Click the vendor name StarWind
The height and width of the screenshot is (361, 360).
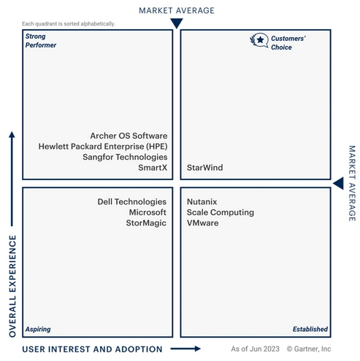[204, 168]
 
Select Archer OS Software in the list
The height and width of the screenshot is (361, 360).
[129, 136]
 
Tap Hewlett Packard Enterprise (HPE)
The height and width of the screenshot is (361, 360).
[103, 147]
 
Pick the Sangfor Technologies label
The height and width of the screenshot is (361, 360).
[125, 157]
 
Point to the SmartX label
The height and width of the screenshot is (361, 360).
[153, 168]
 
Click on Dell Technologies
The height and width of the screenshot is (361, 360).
[132, 202]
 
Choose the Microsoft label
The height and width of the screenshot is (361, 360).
[148, 212]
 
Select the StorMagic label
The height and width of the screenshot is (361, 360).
[146, 223]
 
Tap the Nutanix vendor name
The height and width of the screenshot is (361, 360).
[202, 202]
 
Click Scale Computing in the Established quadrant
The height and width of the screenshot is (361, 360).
[221, 212]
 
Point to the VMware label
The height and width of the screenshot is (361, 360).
[202, 223]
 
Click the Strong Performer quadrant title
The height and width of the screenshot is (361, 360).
[41, 41]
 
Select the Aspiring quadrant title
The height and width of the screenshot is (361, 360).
[38, 329]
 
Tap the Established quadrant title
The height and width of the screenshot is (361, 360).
[310, 329]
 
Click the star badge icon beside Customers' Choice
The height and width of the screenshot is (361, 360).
[259, 40]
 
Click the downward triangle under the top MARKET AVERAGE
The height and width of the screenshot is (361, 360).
[177, 23]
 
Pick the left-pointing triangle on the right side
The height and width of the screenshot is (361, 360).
[339, 183]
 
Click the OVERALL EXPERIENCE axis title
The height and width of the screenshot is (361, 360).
[12, 286]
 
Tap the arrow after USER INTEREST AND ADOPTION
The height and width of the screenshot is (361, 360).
[185, 349]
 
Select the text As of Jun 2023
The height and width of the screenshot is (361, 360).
[255, 349]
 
